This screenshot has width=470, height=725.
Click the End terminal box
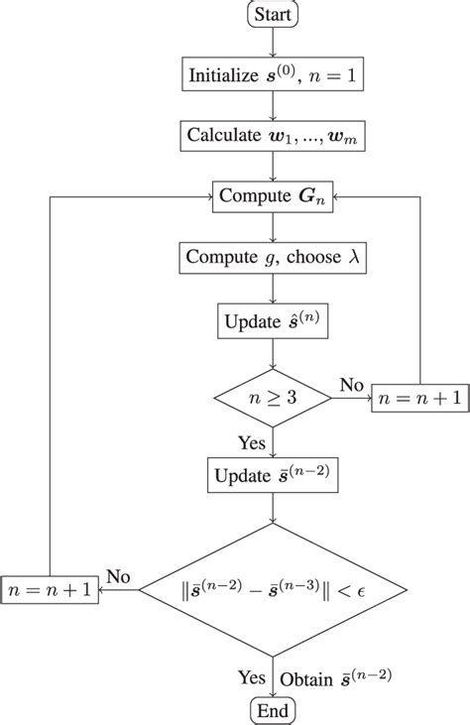(x=273, y=711)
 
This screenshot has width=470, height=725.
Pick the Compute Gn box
(x=273, y=196)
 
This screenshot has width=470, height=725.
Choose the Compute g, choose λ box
(x=273, y=257)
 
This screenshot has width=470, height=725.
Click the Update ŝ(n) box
(x=273, y=321)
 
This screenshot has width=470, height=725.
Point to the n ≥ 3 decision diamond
(x=273, y=401)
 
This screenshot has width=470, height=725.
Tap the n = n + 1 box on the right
(x=420, y=401)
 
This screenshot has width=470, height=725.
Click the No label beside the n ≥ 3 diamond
(x=353, y=384)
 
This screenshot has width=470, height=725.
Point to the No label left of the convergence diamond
(x=118, y=575)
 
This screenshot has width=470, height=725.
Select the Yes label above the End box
(x=251, y=677)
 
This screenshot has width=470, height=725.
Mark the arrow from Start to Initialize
(x=273, y=43)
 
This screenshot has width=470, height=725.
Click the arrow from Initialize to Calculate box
(x=273, y=104)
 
